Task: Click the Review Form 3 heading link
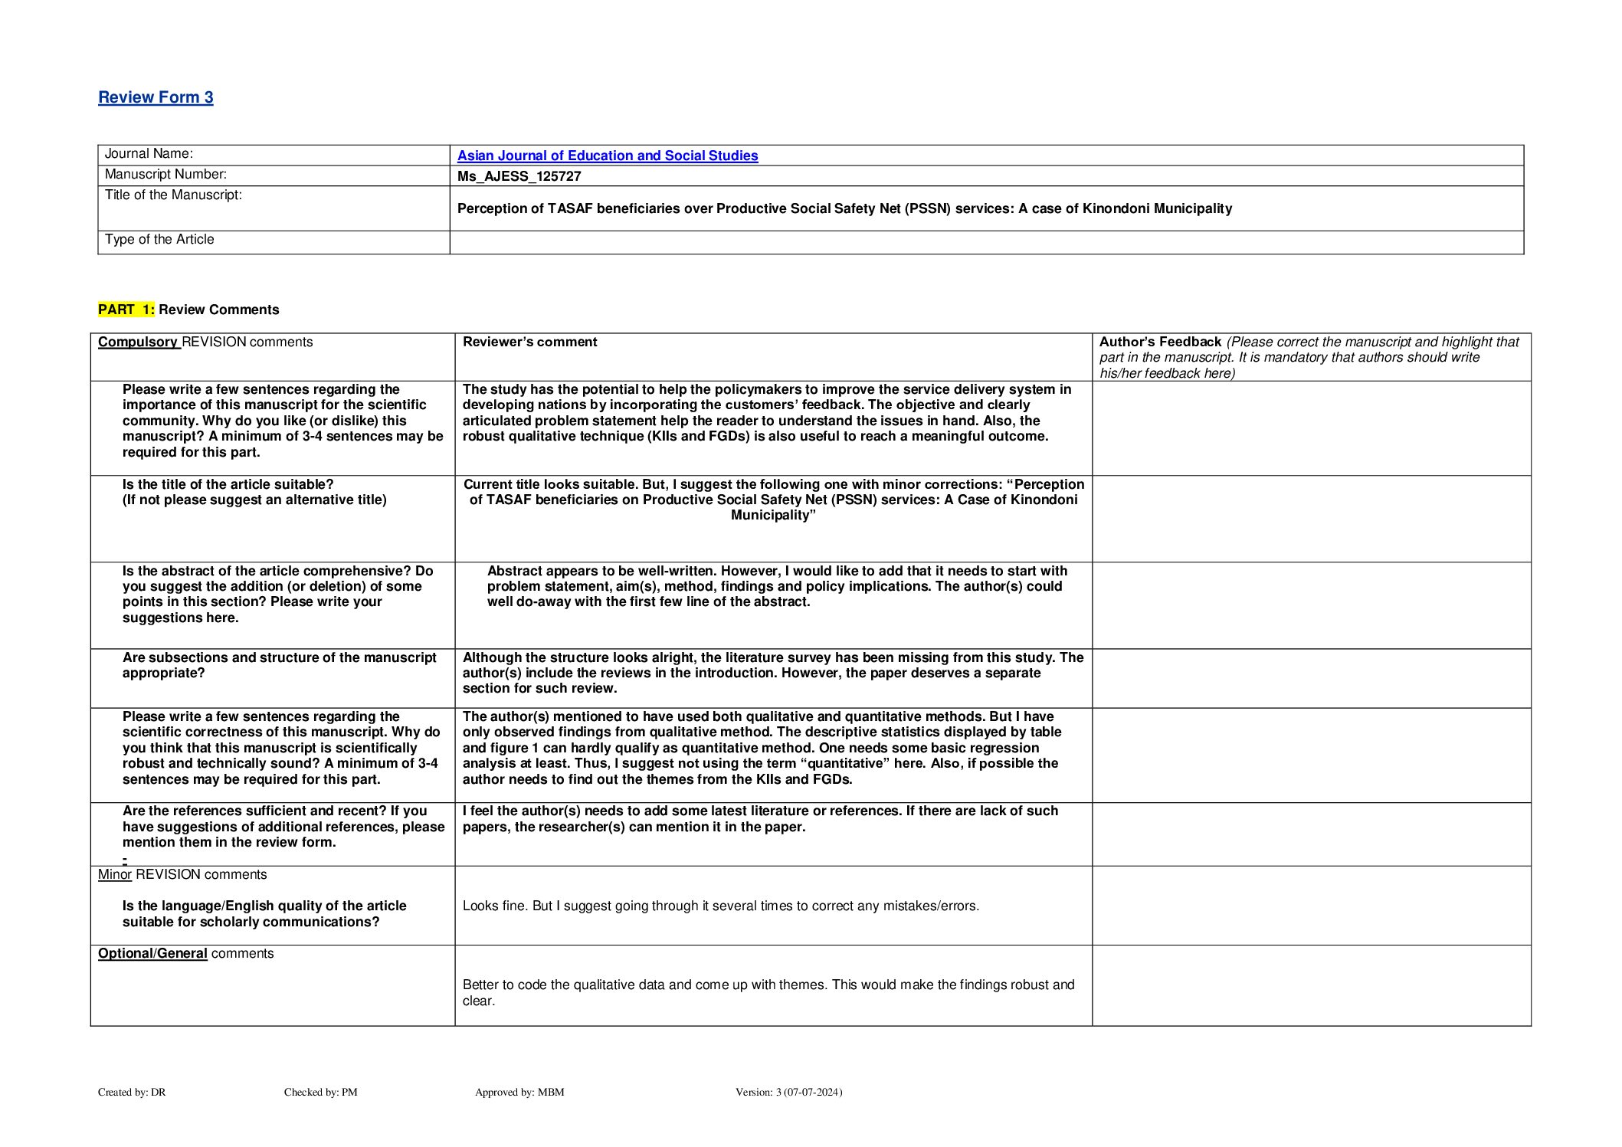pos(156,97)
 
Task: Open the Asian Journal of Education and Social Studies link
pos(608,156)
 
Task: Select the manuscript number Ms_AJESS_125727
pos(519,176)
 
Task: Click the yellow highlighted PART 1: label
pos(126,310)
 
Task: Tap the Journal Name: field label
pos(149,154)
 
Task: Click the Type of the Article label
pos(159,240)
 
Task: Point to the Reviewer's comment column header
pos(529,342)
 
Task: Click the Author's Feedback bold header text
pos(1160,342)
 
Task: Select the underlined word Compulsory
pos(137,342)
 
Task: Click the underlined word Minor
pos(115,875)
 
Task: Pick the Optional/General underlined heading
pos(152,954)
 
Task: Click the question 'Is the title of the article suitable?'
pos(228,484)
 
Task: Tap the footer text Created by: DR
pos(132,1093)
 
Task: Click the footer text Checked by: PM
pos(320,1093)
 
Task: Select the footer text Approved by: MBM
pos(519,1093)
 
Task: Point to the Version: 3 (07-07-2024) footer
pos(788,1093)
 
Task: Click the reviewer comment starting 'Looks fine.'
pos(720,906)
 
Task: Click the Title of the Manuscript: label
pos(173,195)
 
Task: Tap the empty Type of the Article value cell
pos(986,242)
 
